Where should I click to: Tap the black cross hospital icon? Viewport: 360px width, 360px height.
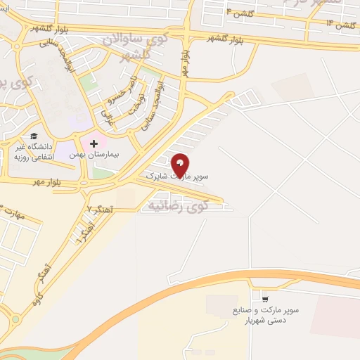pyautogui.click(x=94, y=143)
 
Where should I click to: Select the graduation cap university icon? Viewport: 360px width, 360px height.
pyautogui.click(x=33, y=137)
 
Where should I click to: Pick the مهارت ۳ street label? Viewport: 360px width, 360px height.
pyautogui.click(x=13, y=212)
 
